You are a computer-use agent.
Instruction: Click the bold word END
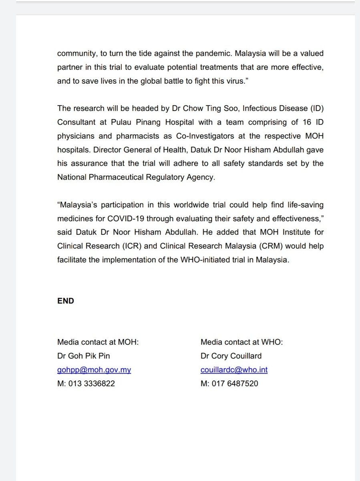66,301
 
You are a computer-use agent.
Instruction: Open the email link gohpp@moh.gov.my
94,370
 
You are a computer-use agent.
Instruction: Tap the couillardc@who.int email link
234,370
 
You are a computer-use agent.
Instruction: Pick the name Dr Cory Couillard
231,356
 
